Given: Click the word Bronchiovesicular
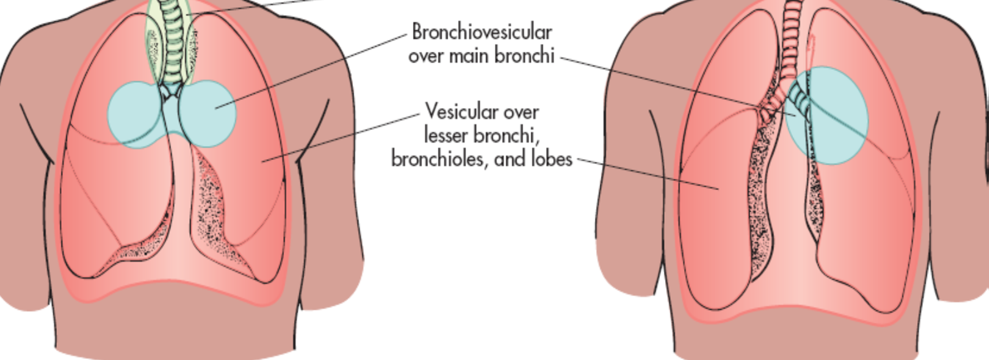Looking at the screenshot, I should [x=482, y=33].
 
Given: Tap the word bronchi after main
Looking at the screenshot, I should [x=524, y=55].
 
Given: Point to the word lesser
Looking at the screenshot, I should [x=446, y=135].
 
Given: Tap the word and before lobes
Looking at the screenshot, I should [x=511, y=159].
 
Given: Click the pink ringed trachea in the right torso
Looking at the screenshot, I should [x=793, y=30].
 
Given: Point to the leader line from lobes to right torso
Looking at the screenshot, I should [x=648, y=174].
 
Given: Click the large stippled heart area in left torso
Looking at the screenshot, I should [x=210, y=208].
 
